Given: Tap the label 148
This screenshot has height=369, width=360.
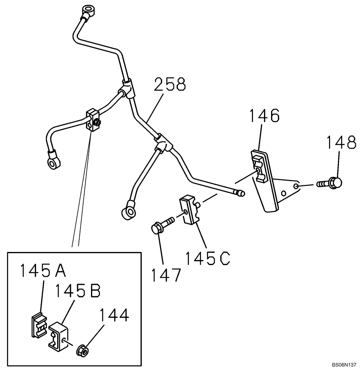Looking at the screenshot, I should [341, 143].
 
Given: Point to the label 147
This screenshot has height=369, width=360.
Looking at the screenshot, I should [167, 275].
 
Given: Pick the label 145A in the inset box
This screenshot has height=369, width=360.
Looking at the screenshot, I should [43, 271].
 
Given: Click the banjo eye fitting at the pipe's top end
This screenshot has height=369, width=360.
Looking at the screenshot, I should [88, 9].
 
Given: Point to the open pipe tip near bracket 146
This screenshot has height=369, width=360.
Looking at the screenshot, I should [240, 193].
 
